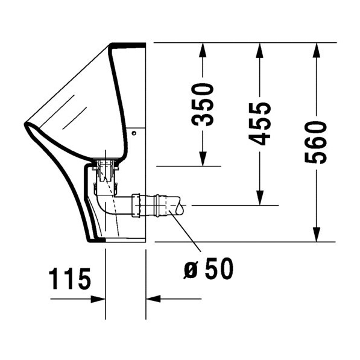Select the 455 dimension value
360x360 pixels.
[260, 124]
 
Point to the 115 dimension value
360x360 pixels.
[69, 279]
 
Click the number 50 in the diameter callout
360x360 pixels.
[218, 270]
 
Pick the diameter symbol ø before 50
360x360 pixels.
[191, 271]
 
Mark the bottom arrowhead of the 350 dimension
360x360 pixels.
[203, 159]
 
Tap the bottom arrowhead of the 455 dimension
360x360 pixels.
[259, 199]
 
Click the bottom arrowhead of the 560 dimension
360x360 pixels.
[315, 235]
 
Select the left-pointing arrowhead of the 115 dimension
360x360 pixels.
[153, 298]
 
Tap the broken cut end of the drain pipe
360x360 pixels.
[179, 207]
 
